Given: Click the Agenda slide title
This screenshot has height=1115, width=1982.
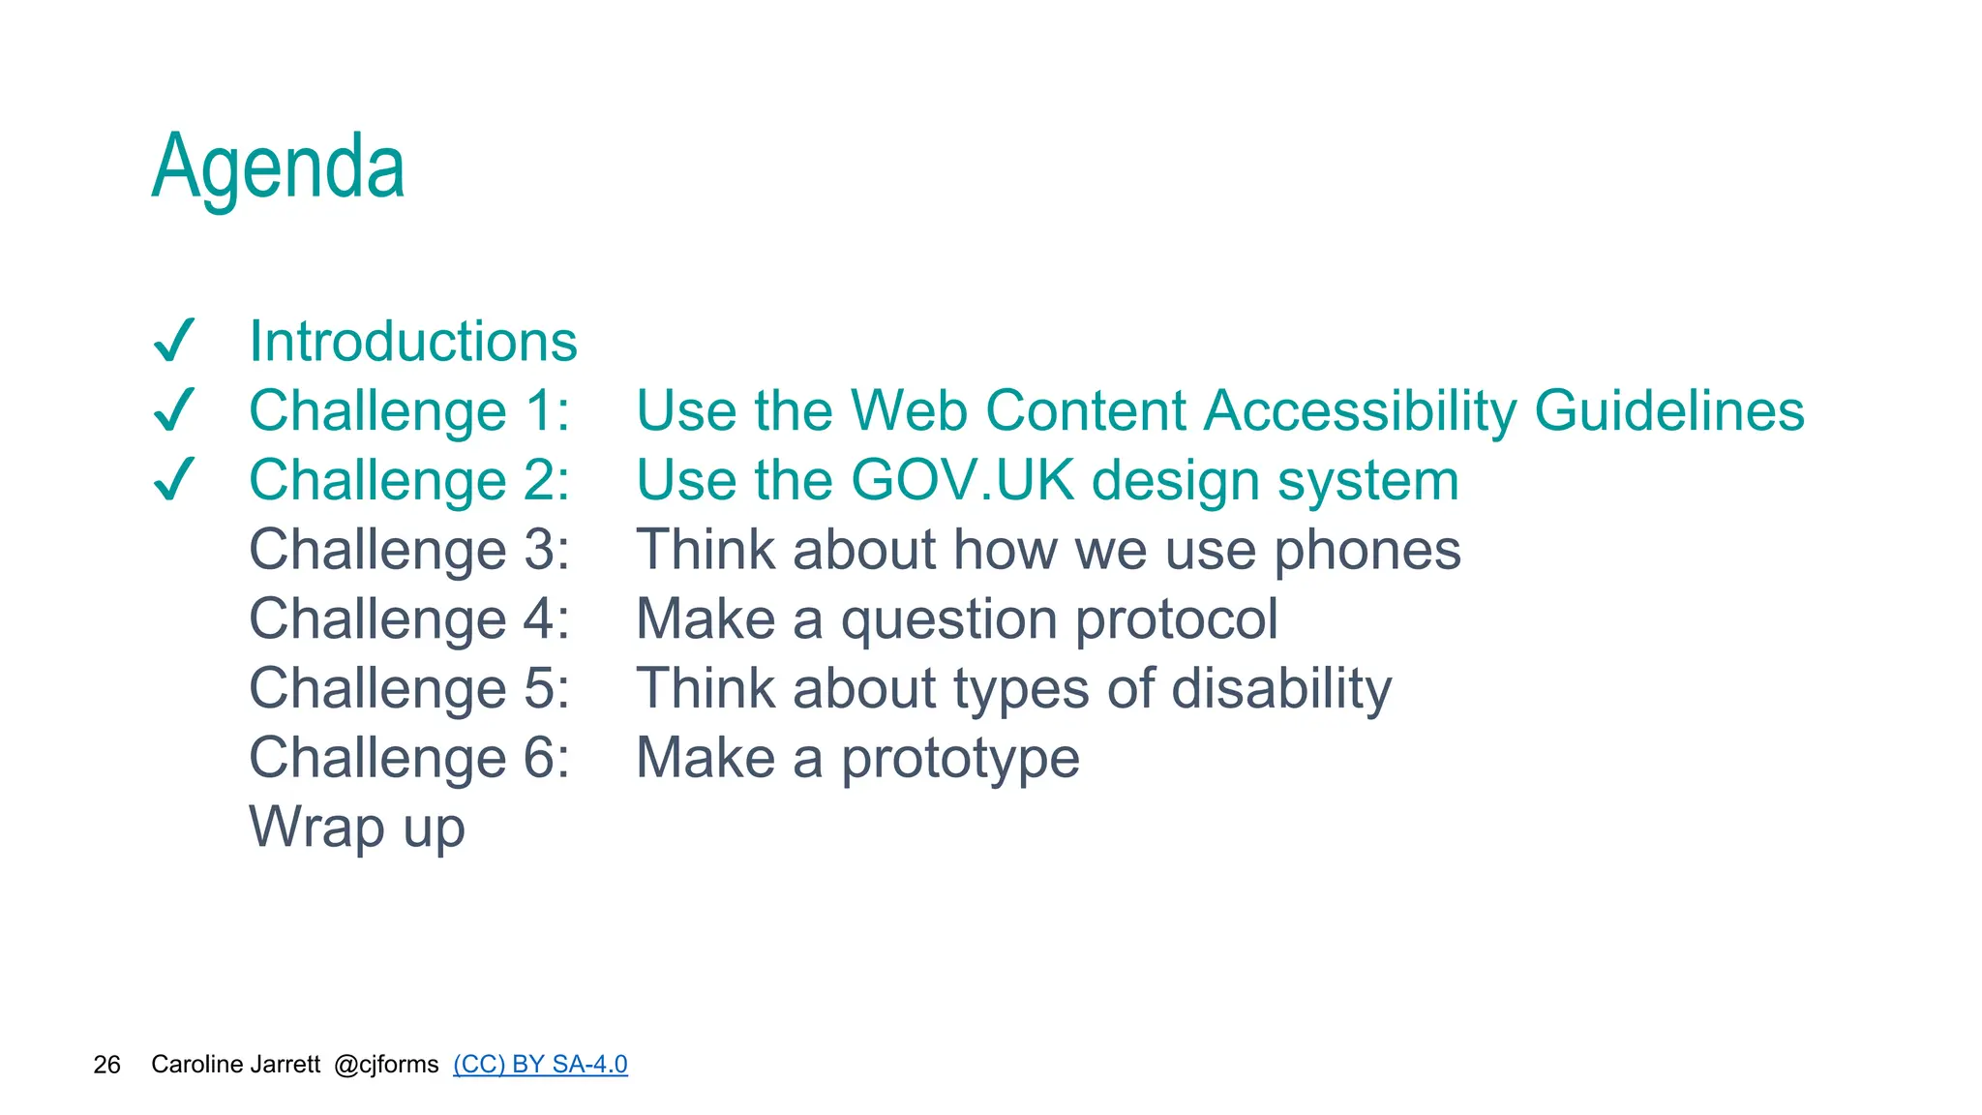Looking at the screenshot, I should click(x=278, y=166).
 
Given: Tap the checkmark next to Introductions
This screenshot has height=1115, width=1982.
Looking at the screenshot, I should click(x=175, y=341).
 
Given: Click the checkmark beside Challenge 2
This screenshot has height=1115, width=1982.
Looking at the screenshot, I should click(x=175, y=479).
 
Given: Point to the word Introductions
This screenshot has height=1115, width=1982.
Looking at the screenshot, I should click(x=413, y=341).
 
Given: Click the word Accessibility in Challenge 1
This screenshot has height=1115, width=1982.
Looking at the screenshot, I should click(x=1360, y=410).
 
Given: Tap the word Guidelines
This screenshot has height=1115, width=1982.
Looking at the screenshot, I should click(x=1669, y=410).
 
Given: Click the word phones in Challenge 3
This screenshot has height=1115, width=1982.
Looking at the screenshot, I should click(x=1366, y=550).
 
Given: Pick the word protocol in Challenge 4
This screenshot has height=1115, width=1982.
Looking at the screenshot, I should click(x=1176, y=619).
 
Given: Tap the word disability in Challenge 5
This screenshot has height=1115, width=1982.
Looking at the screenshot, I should click(x=1281, y=688).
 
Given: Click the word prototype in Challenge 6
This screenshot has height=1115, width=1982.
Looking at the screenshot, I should click(x=960, y=758).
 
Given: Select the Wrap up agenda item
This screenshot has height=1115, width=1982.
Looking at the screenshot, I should click(x=357, y=828).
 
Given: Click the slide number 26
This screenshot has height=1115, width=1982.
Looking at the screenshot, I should click(x=106, y=1065).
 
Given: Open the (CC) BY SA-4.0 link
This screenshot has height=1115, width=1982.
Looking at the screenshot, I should click(x=540, y=1065).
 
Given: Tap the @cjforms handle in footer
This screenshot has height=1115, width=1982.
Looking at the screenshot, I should click(x=386, y=1065).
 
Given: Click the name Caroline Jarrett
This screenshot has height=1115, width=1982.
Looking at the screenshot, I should click(x=235, y=1065).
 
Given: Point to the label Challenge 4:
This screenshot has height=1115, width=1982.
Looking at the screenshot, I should click(x=409, y=619).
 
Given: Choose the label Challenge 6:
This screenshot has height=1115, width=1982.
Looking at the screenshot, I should click(x=409, y=758).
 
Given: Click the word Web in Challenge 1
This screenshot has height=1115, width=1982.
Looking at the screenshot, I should click(x=909, y=410).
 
